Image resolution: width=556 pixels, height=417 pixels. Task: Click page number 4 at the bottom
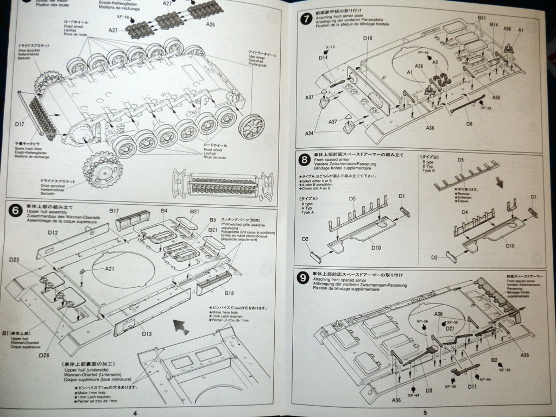point(135,413)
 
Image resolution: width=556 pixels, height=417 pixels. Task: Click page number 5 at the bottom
point(425,412)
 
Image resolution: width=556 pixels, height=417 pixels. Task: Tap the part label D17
point(20,124)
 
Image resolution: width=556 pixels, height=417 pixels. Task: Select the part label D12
point(53,232)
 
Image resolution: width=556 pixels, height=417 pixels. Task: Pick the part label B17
point(114,210)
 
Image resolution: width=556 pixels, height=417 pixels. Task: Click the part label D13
point(147,334)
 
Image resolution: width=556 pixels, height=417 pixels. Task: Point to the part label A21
point(110,268)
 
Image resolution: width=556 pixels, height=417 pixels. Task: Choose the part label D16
point(368,38)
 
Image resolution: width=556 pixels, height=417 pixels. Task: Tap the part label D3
point(428,390)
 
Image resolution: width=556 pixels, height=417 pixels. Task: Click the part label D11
point(472,386)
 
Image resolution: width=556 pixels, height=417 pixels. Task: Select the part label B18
point(228,293)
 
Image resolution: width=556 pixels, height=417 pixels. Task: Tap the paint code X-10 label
point(331,47)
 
